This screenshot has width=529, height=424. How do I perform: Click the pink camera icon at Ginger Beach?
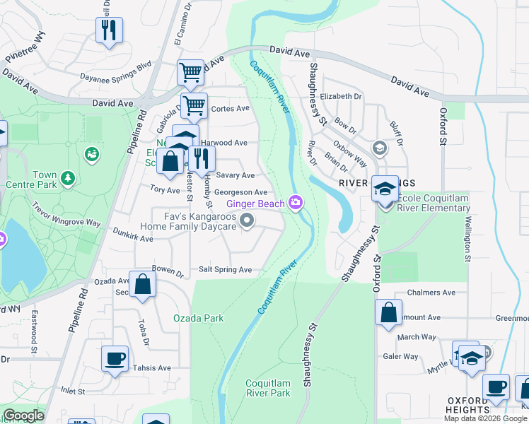click(x=296, y=204)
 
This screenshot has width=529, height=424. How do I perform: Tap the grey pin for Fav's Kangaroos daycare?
click(x=248, y=222)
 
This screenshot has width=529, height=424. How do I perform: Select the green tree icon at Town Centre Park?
click(x=68, y=179)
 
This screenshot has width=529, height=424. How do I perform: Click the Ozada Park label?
click(x=199, y=319)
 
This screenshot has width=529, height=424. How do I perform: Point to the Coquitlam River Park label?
click(x=268, y=388)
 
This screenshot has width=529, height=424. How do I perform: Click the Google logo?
click(x=23, y=416)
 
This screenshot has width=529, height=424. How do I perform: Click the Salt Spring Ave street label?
click(x=225, y=269)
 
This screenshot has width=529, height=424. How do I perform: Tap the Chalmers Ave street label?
click(x=431, y=292)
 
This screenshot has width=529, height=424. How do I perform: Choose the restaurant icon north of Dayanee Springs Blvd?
click(x=109, y=30)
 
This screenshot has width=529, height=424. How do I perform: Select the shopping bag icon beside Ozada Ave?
click(x=143, y=284)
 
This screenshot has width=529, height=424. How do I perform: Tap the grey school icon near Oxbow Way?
click(x=380, y=147)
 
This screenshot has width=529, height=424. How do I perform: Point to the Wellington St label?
click(x=467, y=238)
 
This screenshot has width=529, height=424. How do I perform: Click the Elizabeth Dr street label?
click(x=341, y=96)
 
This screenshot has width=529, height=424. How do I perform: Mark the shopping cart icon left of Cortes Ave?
click(x=193, y=106)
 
